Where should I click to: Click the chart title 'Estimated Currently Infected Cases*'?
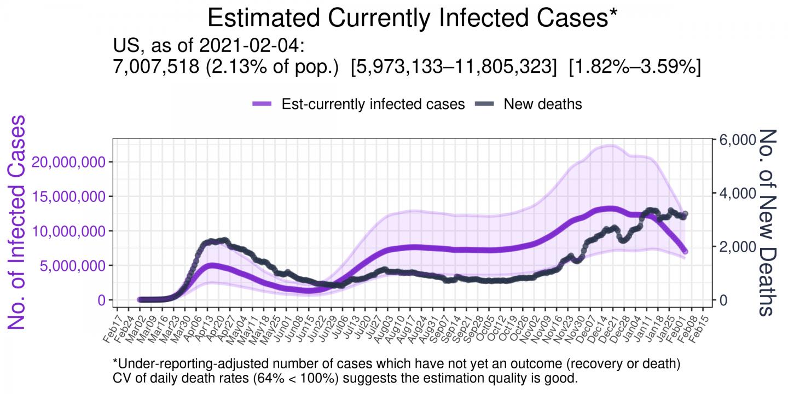click(x=413, y=18)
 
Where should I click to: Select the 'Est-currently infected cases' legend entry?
click(x=373, y=104)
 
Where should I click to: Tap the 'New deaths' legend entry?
click(x=543, y=104)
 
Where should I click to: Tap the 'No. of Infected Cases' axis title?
click(x=18, y=222)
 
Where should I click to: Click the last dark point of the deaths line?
click(x=685, y=214)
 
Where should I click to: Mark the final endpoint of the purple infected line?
click(x=685, y=251)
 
